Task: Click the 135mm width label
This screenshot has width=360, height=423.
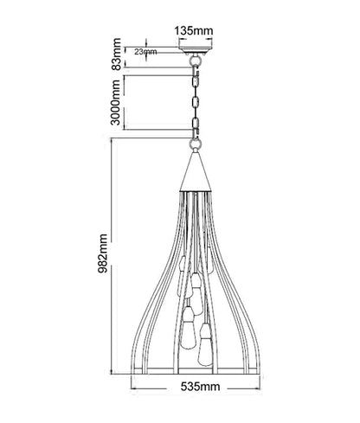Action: point(194,30)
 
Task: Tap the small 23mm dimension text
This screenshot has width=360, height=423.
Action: point(145,52)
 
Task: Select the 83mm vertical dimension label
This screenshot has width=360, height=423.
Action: point(117,54)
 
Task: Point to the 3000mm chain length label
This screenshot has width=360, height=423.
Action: point(115,102)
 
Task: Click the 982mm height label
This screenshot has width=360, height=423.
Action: point(102,253)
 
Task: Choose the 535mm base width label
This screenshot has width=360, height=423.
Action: point(201,387)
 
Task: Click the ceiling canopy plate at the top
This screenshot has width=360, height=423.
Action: point(196,48)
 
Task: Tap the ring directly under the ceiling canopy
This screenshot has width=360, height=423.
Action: point(196,61)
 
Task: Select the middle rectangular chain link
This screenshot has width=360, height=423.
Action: point(196,102)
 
